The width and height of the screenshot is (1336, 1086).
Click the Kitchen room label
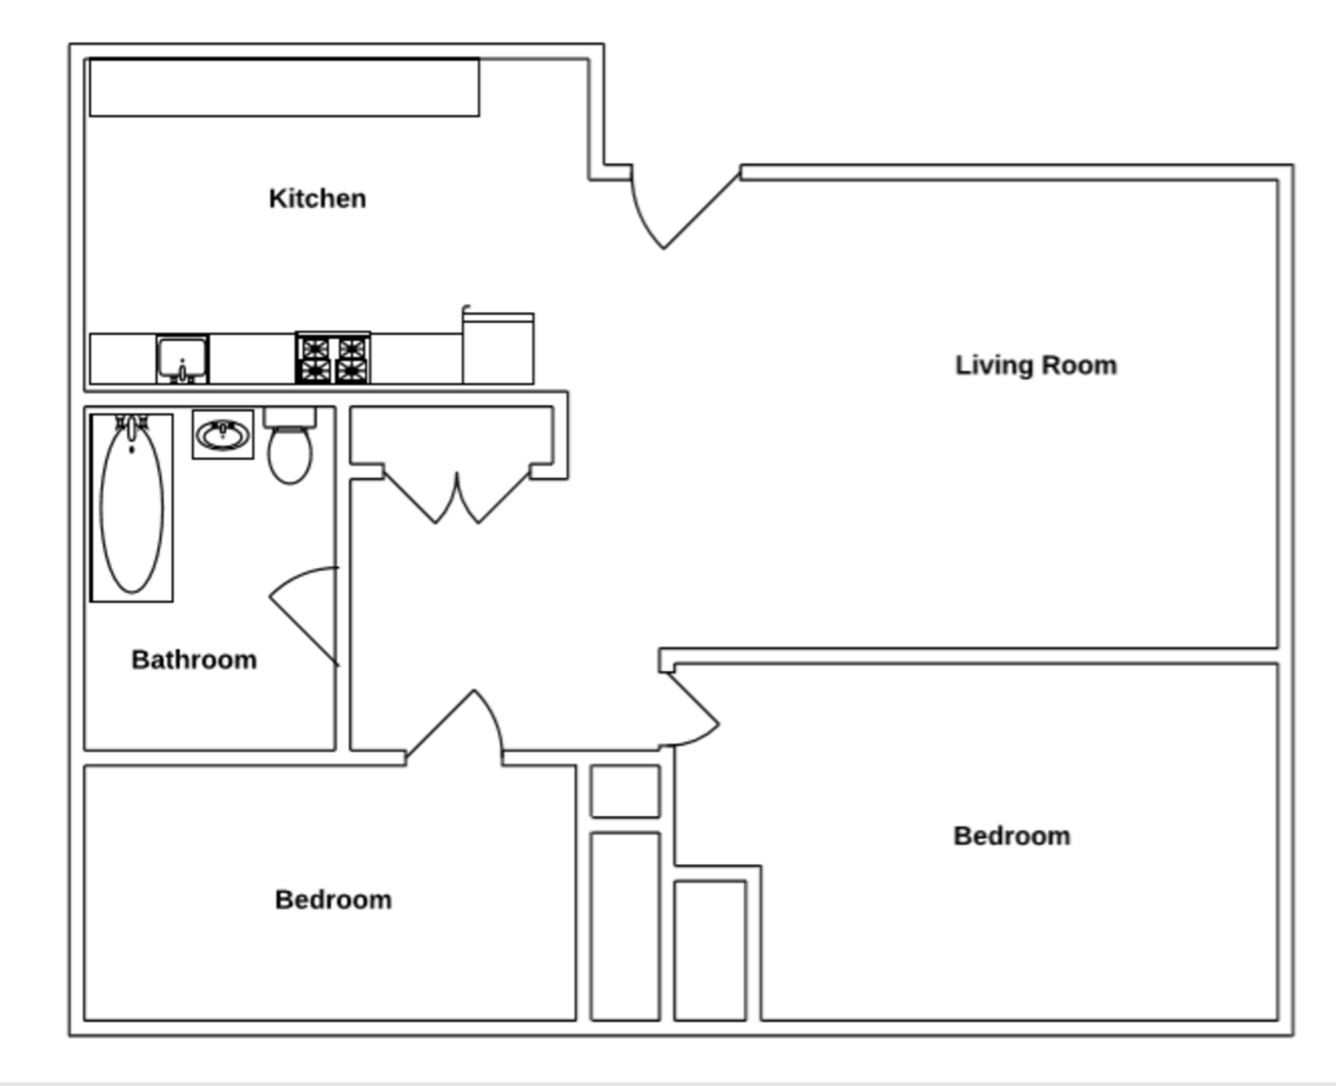(317, 198)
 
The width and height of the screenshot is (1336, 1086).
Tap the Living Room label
(1036, 365)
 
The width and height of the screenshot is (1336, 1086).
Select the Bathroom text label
(194, 659)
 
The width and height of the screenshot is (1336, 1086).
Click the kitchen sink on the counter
(182, 359)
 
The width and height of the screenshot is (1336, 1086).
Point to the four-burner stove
(333, 358)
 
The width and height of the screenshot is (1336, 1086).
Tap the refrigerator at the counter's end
(498, 347)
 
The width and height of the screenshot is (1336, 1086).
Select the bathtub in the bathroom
(132, 507)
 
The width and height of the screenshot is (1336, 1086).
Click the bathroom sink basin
(223, 435)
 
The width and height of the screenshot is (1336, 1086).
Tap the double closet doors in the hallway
(456, 498)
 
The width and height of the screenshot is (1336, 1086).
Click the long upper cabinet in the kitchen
(285, 88)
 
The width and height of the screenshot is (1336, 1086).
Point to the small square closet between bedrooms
(626, 792)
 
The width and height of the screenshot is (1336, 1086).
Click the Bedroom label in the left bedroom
(333, 899)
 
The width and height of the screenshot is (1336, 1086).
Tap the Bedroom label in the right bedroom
(1012, 836)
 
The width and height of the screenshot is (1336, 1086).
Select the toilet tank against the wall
(290, 418)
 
